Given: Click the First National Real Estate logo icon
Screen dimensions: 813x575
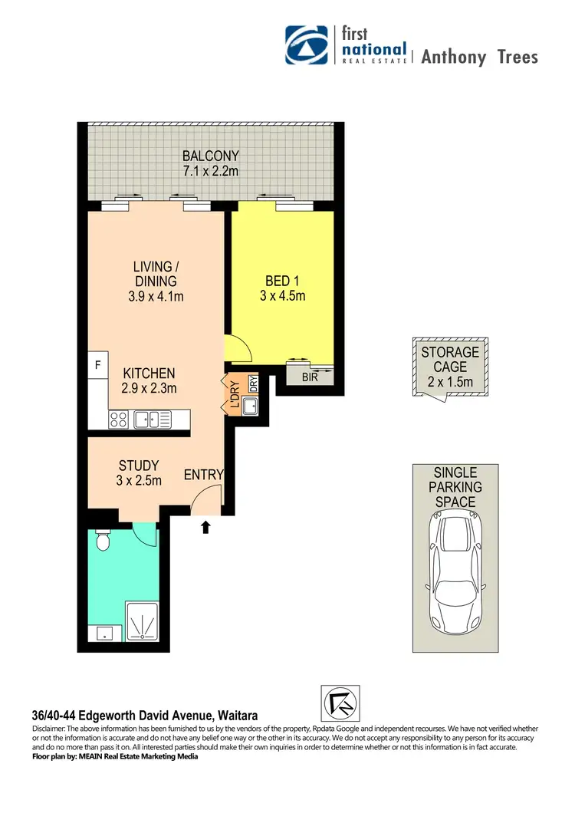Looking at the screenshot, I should click(308, 46).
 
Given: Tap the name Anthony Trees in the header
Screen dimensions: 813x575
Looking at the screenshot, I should click(479, 57).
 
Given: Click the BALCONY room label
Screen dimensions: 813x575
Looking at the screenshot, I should click(210, 156).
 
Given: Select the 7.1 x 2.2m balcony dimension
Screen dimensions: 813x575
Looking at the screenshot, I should click(210, 171).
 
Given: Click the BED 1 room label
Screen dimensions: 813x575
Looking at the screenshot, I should click(281, 280).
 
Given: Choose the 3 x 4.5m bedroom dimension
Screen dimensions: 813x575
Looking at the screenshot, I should click(281, 295).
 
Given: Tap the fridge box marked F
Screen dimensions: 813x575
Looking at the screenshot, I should click(97, 366).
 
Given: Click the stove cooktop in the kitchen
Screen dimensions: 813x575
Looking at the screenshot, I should click(120, 419).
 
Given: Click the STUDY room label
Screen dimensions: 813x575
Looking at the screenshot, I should click(139, 466).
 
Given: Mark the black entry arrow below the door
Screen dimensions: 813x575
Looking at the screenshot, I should click(205, 527).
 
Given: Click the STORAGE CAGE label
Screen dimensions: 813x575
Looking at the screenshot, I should click(450, 360).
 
